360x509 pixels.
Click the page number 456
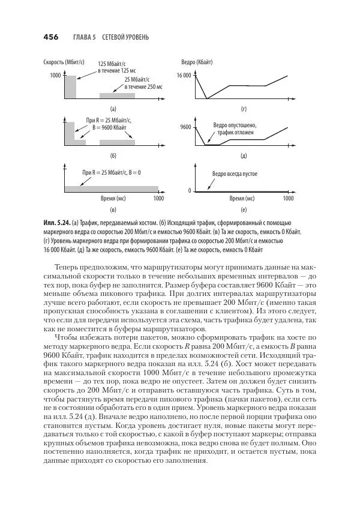tap(50, 37)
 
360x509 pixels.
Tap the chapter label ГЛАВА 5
tap(84, 37)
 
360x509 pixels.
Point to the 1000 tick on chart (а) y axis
tap(55, 76)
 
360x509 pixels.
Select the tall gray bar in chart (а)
tap(71, 87)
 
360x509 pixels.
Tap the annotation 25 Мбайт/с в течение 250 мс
tap(140, 83)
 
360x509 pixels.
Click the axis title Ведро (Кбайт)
tap(197, 62)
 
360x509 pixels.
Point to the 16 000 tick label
tap(184, 76)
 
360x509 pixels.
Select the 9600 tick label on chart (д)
tap(185, 127)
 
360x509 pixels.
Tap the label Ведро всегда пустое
tap(235, 173)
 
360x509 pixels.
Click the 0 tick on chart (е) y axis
tap(188, 191)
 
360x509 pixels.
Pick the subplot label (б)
tap(113, 155)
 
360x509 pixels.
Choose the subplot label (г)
tap(244, 109)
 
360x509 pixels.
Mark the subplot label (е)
tap(244, 211)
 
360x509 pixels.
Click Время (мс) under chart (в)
tap(112, 199)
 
